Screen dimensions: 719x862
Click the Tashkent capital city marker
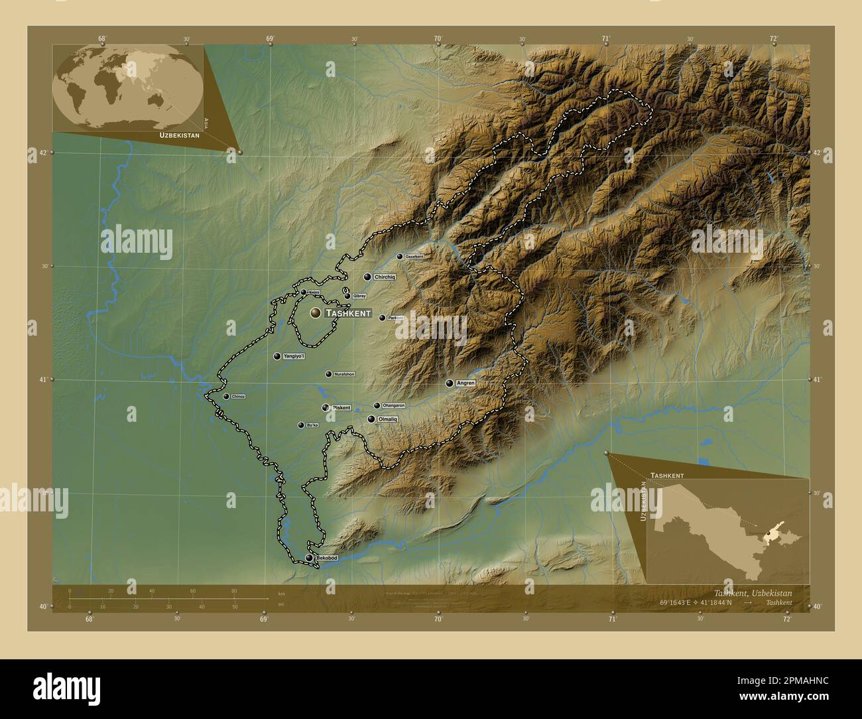[x=315, y=312]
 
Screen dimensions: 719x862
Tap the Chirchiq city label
[x=385, y=277]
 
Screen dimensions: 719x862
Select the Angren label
[x=466, y=383]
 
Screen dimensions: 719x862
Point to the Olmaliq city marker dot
[x=371, y=419]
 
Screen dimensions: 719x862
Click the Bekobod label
[x=327, y=558]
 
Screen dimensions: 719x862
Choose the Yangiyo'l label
[x=294, y=357]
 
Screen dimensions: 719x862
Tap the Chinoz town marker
[x=226, y=397]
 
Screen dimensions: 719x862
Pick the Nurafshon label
[x=344, y=374]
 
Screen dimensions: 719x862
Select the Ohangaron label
[x=394, y=405]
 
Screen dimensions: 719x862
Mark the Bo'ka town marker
[x=301, y=425]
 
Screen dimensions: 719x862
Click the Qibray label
[x=359, y=296]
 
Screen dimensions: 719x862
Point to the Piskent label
[x=341, y=407]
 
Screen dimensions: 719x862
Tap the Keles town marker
[x=304, y=292]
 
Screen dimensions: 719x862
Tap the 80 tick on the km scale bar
[x=234, y=591]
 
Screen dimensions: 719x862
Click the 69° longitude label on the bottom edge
[x=264, y=620]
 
